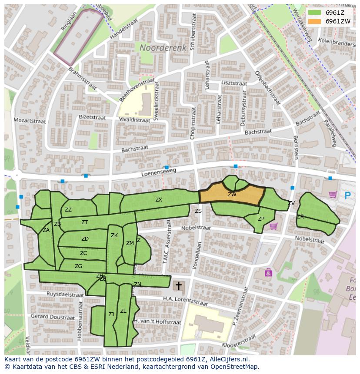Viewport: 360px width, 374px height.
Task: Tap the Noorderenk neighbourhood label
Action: click(x=163, y=47)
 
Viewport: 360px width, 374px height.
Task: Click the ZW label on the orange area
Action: click(x=232, y=195)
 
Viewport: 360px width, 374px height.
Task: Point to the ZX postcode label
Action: click(x=159, y=200)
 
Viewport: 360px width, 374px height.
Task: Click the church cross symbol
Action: click(x=178, y=286)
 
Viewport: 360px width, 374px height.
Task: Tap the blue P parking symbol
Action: click(x=347, y=195)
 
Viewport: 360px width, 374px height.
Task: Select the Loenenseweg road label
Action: click(x=159, y=172)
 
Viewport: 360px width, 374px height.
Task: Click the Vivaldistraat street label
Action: click(x=134, y=119)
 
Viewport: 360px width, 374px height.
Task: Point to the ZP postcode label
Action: click(x=261, y=219)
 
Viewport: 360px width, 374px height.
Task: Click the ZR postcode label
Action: click(x=300, y=216)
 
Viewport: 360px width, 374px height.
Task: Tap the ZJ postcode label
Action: click(x=111, y=314)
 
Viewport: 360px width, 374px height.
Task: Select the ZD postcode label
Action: click(x=85, y=239)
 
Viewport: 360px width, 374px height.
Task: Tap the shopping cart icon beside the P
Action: click(x=333, y=195)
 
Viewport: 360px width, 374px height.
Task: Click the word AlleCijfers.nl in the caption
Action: click(x=228, y=359)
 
